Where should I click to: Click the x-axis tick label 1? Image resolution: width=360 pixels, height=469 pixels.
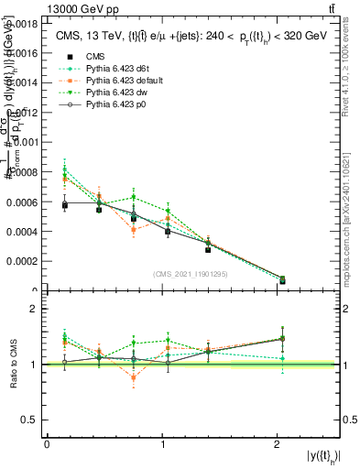162,443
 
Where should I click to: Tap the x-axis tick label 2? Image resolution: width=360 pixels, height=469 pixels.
278,443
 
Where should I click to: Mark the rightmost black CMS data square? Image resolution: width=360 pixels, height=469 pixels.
282,279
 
